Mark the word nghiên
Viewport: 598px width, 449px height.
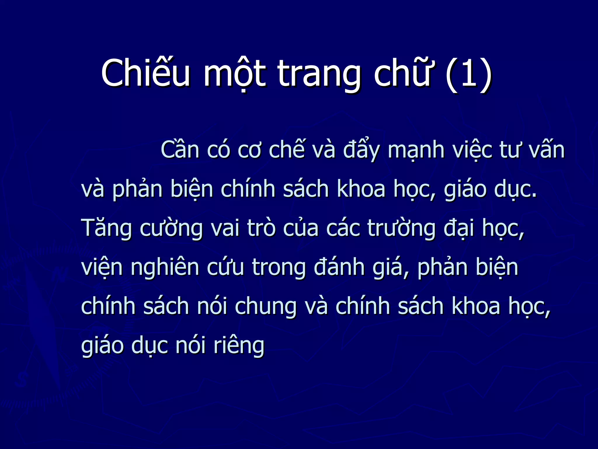(x=165, y=267)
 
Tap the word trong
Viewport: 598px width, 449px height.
(x=279, y=267)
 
